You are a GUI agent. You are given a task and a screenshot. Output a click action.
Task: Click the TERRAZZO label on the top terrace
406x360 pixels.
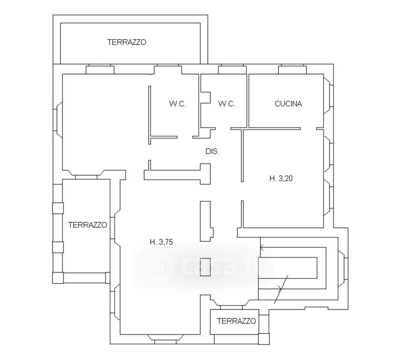click(x=127, y=42)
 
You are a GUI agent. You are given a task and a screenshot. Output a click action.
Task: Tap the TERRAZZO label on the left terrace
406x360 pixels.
click(x=87, y=225)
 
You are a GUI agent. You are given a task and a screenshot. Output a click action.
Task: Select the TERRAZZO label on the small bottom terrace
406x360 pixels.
click(x=236, y=321)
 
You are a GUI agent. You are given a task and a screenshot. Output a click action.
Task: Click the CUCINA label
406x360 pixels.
click(x=288, y=104)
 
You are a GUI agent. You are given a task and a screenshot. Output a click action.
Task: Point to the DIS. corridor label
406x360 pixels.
click(x=212, y=152)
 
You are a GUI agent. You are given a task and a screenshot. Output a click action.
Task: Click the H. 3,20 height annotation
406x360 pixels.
click(x=281, y=179)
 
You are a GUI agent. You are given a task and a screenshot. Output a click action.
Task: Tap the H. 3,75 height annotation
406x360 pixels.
click(x=161, y=242)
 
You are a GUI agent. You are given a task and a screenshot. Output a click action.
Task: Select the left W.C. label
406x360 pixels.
click(x=178, y=104)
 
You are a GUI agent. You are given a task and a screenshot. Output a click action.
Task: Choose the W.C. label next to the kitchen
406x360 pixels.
click(x=227, y=104)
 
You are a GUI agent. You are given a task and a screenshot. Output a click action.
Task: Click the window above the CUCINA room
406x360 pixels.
click(x=293, y=70)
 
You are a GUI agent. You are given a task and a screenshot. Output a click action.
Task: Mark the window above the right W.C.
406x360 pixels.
click(x=232, y=70)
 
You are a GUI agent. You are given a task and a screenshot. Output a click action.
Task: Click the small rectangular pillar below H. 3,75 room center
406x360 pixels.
click(x=205, y=267)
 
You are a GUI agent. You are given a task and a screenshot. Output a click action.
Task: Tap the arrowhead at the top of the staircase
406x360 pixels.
click(x=262, y=248)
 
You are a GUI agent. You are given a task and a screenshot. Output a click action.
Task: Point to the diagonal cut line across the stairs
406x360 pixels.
click(x=281, y=289)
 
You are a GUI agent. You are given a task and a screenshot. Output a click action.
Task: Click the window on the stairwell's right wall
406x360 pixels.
click(x=343, y=268)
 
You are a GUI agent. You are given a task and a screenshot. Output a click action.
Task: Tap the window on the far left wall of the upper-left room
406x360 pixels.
click(x=57, y=119)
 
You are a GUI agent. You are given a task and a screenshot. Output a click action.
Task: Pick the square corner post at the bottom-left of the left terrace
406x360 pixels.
click(x=58, y=278)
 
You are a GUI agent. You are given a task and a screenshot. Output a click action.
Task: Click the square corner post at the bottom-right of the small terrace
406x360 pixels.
click(x=264, y=339)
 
